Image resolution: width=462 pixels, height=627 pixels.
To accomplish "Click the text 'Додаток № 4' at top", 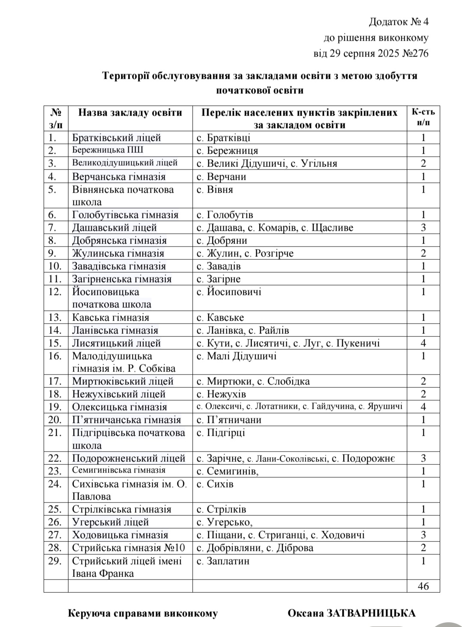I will (398, 22).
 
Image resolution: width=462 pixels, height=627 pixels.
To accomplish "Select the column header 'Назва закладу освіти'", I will (130, 113).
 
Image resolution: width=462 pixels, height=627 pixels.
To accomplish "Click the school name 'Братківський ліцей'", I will (116, 138).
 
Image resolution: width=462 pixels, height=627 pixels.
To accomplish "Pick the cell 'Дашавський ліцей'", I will (114, 228).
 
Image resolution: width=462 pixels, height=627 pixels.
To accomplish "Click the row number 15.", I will (55, 343).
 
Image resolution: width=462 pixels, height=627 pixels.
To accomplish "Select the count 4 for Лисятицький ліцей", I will (423, 343).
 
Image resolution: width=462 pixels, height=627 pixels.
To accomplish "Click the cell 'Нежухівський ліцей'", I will (118, 394).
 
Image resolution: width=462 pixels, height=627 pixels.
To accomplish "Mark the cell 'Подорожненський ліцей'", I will (128, 458).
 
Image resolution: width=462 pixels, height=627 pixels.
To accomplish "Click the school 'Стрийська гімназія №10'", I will (128, 548).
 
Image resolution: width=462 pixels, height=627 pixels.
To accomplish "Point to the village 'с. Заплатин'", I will (223, 561).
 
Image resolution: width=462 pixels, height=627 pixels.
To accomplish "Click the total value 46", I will (423, 586).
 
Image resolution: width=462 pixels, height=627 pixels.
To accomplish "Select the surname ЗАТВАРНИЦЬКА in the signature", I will (371, 613).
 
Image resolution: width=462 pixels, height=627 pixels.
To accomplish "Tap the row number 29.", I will (55, 561).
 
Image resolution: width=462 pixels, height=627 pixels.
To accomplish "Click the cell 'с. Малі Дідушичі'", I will (237, 356).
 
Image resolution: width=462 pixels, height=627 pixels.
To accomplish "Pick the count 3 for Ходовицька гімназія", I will (423, 535).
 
